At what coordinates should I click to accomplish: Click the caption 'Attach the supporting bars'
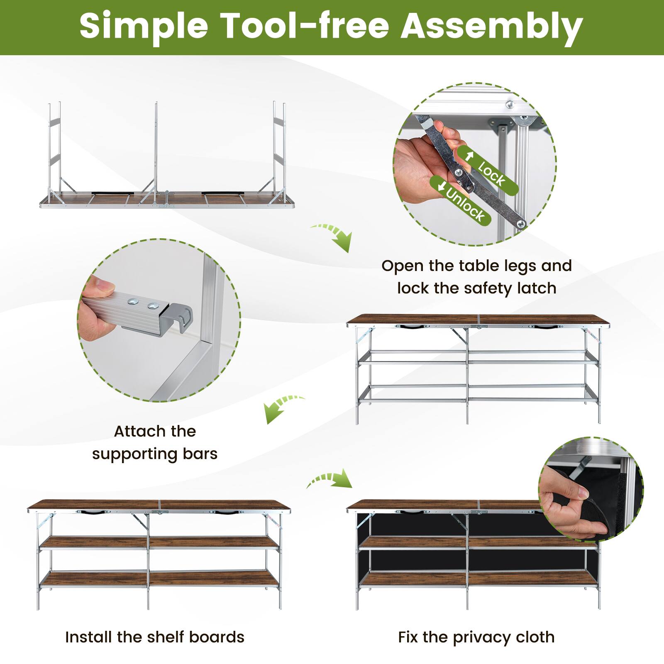tap(155, 442)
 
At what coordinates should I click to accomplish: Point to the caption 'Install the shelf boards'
tap(155, 637)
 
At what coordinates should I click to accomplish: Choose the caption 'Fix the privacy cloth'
tap(476, 637)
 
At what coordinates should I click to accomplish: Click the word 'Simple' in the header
tap(144, 27)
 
